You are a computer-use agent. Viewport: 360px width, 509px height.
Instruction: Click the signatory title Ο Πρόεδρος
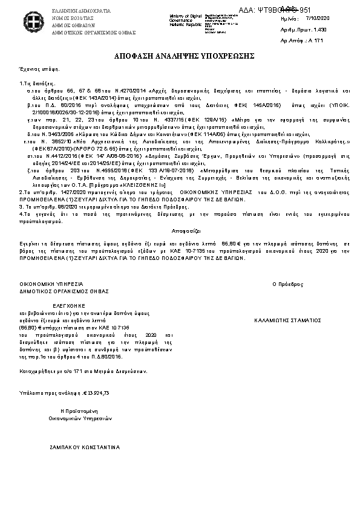286,284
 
